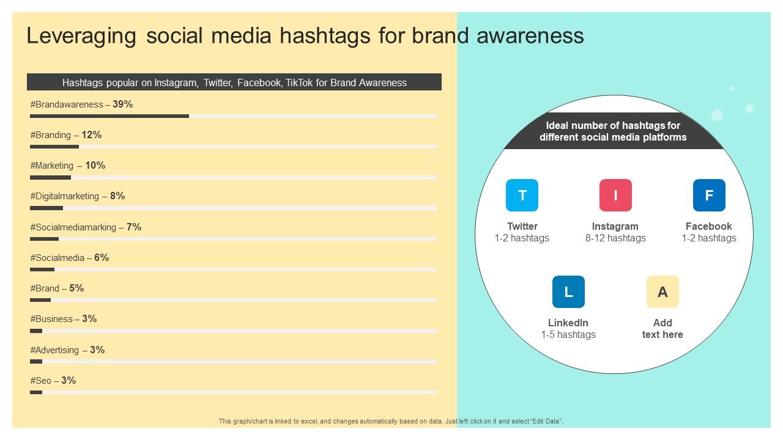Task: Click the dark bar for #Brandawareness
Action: [109, 116]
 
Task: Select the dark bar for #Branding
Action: [54, 147]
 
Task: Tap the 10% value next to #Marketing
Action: [95, 166]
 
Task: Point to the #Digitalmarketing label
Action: [64, 196]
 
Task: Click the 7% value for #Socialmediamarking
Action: [134, 227]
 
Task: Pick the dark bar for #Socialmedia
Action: [42, 269]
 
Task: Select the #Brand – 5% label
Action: [57, 288]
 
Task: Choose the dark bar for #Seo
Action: [36, 392]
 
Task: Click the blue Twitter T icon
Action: [522, 196]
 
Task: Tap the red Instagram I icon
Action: [615, 196]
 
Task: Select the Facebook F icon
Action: [709, 196]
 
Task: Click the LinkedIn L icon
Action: [568, 292]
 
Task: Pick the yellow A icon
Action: [662, 292]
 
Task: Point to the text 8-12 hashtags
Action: [615, 238]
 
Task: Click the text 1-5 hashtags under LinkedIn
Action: [568, 335]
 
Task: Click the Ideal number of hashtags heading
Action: [613, 131]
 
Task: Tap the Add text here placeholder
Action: [662, 329]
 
